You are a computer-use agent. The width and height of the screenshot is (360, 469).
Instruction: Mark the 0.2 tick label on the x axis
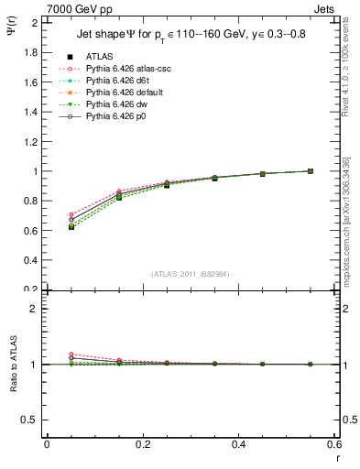click(142, 444)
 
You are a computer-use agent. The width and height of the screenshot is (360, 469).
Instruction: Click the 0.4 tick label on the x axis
click(238, 444)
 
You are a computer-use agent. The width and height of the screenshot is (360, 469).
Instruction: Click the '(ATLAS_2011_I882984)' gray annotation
click(189, 275)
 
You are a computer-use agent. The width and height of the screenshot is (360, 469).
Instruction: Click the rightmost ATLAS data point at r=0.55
click(311, 170)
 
